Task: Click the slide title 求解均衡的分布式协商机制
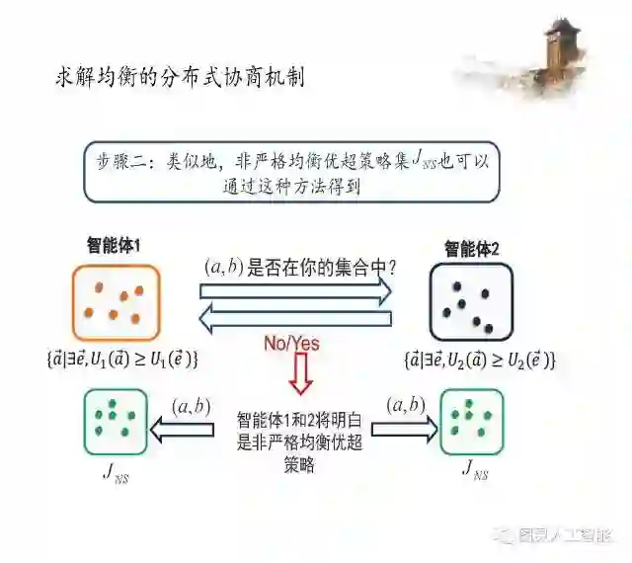(179, 77)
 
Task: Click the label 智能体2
(472, 248)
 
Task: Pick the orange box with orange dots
(115, 301)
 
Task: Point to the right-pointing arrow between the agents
(295, 290)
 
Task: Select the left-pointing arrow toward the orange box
(295, 320)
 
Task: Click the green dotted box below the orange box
(115, 422)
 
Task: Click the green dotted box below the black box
(471, 422)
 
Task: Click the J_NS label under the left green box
(116, 471)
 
